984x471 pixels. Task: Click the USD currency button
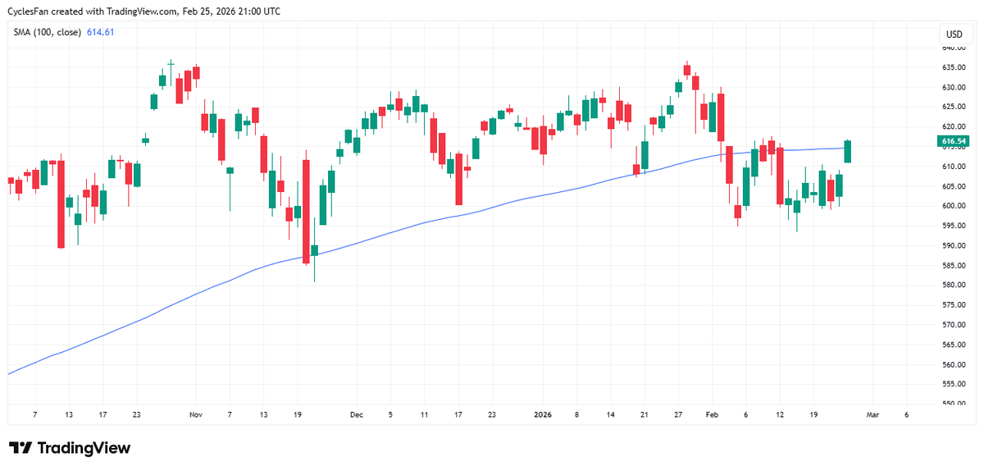coord(954,34)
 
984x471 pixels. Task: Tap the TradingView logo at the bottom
coord(70,448)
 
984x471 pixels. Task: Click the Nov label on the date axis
coord(195,415)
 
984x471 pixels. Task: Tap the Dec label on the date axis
coord(356,415)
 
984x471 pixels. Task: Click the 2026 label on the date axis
coord(543,415)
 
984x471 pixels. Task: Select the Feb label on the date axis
coord(712,415)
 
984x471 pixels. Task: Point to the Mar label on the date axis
coord(872,415)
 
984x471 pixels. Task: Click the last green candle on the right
coord(848,151)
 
